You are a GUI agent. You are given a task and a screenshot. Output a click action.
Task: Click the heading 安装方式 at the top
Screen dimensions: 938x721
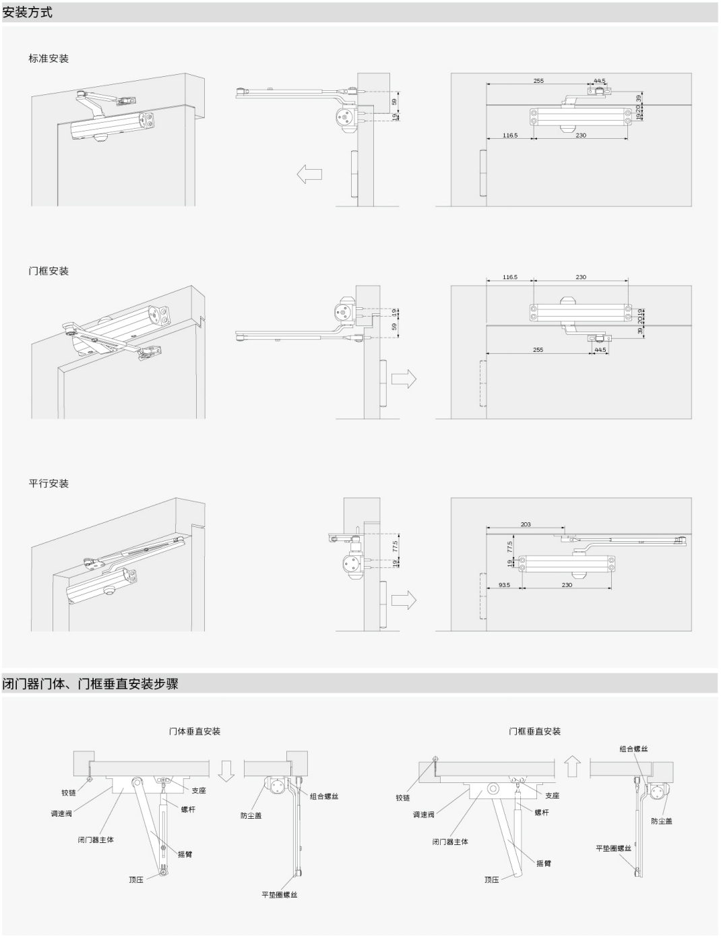(x=28, y=12)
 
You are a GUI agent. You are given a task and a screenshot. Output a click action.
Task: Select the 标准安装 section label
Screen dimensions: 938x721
(x=49, y=59)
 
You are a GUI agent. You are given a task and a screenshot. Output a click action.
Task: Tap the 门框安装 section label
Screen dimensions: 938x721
(x=49, y=271)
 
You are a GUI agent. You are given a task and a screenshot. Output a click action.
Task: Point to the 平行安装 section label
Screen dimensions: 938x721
(x=49, y=483)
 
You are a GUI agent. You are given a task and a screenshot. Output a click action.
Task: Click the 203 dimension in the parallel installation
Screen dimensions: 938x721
(x=526, y=524)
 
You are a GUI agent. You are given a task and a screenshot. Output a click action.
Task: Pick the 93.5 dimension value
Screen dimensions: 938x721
(x=504, y=585)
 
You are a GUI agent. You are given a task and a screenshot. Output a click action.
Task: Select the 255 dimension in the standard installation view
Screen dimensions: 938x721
(x=538, y=81)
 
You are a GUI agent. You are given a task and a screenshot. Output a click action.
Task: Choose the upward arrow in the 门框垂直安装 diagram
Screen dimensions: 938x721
(x=572, y=765)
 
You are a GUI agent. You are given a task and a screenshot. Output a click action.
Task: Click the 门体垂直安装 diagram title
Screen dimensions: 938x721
(x=195, y=731)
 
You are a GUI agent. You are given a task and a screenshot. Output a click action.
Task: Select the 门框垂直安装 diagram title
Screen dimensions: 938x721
(x=534, y=731)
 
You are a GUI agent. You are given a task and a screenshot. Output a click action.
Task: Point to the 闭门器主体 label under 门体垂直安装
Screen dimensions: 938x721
(x=96, y=840)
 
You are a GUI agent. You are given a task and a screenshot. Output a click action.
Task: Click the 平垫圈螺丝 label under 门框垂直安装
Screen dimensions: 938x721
(x=613, y=848)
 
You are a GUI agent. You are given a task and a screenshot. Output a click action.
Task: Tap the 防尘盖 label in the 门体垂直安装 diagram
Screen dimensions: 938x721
(x=251, y=815)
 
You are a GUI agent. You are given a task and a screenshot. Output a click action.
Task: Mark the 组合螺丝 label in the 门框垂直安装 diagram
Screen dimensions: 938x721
(x=633, y=749)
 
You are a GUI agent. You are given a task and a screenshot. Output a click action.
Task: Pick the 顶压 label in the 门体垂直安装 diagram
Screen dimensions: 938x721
(x=136, y=879)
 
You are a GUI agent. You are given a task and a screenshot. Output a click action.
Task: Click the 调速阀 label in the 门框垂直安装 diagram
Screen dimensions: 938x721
(x=424, y=815)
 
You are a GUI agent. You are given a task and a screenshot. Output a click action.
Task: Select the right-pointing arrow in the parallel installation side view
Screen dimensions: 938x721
(x=404, y=599)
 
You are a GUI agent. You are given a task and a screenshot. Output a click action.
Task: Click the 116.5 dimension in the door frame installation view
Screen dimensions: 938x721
(x=509, y=277)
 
